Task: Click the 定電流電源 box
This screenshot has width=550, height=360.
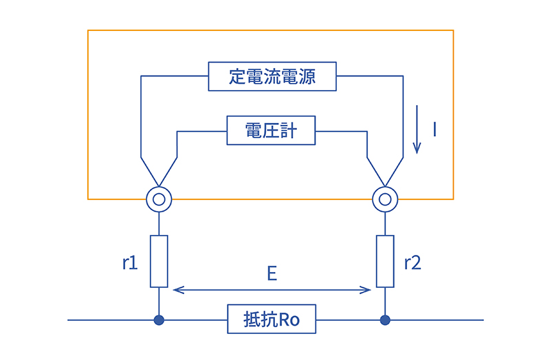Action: [272, 76]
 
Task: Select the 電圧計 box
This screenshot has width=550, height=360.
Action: [271, 130]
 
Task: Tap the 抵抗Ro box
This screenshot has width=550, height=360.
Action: [272, 319]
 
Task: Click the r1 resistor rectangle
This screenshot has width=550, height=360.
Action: [159, 261]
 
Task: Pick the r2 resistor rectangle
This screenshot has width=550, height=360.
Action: [385, 261]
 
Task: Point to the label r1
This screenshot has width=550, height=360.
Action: [131, 262]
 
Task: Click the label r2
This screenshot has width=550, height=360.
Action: [412, 262]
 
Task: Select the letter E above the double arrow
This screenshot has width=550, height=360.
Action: [272, 273]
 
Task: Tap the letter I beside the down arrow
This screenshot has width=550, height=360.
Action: [434, 128]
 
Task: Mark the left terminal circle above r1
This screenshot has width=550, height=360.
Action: [159, 200]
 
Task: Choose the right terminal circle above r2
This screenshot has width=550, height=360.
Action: [385, 200]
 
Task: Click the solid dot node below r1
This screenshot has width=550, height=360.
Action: [159, 320]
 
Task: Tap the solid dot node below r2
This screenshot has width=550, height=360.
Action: [385, 320]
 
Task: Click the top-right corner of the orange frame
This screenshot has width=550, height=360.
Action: [453, 30]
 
